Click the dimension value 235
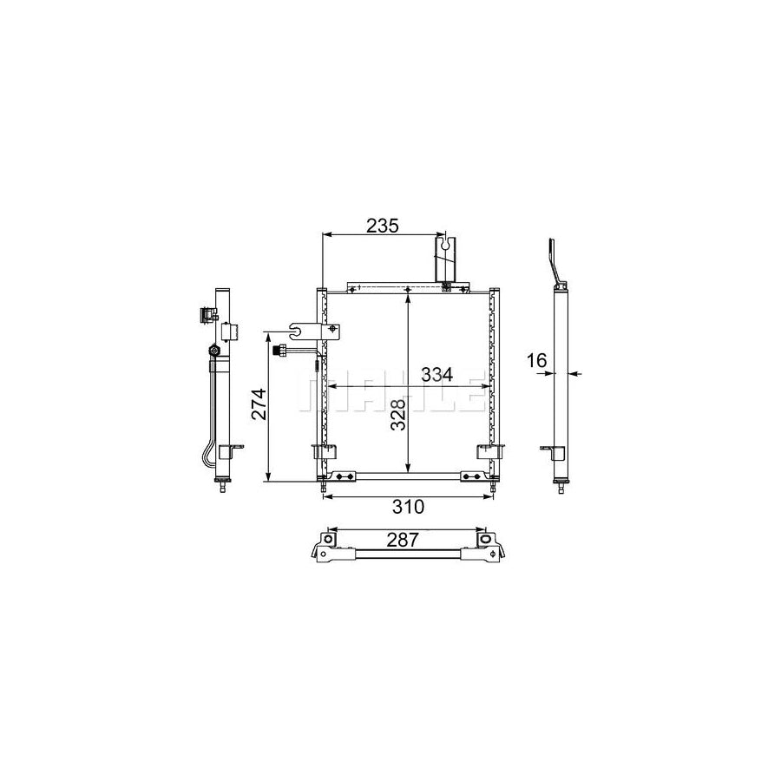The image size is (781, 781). coord(383,226)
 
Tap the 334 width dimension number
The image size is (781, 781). coord(436,374)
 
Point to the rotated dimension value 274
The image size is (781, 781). coord(259,404)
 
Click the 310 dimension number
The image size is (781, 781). coord(409,507)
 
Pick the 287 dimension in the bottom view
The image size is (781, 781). coord(403,540)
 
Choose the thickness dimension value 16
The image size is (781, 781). coord(536,360)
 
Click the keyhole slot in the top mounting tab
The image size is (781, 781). coord(449,243)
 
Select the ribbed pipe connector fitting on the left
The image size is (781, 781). coord(280,351)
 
